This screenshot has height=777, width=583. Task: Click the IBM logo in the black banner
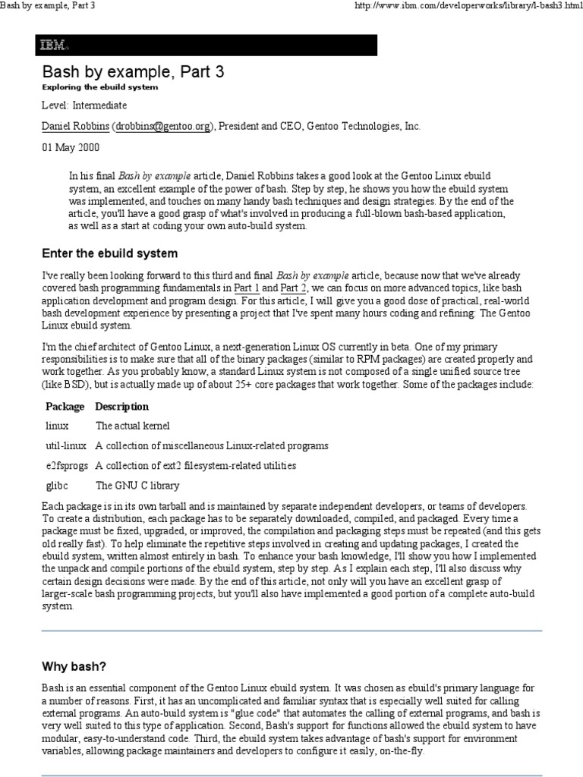(x=54, y=46)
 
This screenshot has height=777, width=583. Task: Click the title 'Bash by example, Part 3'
(x=132, y=72)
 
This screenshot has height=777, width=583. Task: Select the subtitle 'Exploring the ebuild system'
(x=99, y=87)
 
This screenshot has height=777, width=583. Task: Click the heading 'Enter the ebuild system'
(x=109, y=253)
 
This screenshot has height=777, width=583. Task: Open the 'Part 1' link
(x=247, y=289)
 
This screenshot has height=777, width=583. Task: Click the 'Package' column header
(x=65, y=407)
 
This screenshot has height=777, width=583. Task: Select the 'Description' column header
(x=122, y=407)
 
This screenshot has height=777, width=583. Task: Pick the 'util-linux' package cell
(x=66, y=445)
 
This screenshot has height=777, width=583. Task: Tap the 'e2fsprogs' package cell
(x=68, y=465)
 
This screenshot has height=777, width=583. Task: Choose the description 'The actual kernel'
(x=133, y=426)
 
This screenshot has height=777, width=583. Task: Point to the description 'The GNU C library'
(x=137, y=485)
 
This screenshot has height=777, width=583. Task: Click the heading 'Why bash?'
(x=74, y=666)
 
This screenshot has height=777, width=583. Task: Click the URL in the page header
(x=465, y=7)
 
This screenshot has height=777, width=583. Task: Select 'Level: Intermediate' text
(x=84, y=105)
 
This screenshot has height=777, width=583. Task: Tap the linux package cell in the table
(x=58, y=426)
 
